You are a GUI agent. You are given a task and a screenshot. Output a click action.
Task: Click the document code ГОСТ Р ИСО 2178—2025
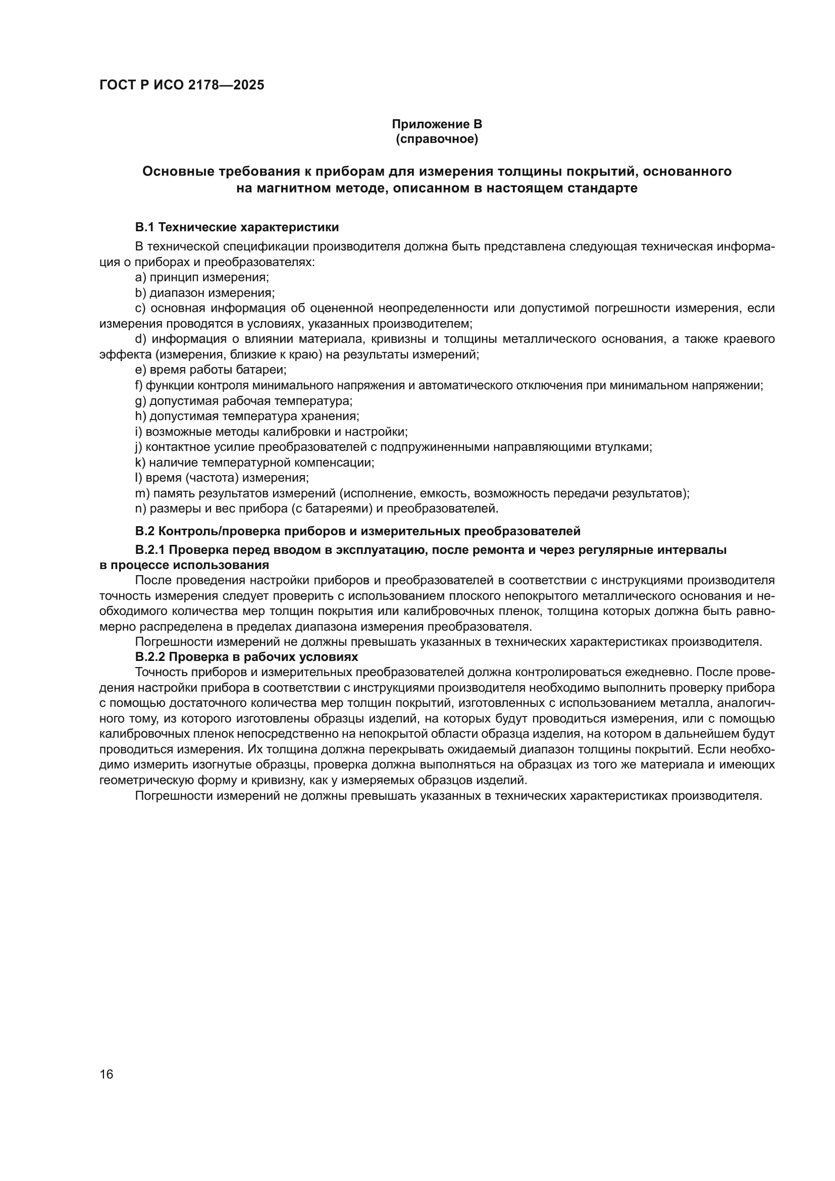182,85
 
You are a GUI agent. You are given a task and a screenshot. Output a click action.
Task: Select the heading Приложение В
437,124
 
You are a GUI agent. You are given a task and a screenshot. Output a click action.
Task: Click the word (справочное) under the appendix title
437,139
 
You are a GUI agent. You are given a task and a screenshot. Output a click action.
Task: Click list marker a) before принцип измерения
141,277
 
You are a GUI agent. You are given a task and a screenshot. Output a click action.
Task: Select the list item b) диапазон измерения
204,293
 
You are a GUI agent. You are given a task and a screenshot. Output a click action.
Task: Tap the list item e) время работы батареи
211,369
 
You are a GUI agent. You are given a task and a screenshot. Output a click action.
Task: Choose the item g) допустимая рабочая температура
244,400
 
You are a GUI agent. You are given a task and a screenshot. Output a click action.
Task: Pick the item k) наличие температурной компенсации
254,462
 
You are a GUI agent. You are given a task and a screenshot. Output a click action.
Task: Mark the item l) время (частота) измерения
222,477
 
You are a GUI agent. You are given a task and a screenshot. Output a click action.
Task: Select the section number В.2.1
149,549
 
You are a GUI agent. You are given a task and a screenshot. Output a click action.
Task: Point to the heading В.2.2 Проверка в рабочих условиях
246,657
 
